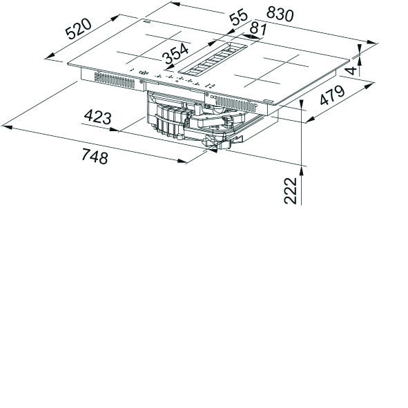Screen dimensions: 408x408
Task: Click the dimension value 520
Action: click(79, 28)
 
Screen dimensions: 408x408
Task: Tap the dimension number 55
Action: click(238, 17)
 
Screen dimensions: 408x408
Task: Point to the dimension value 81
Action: click(258, 30)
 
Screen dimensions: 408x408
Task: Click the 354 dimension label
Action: click(175, 53)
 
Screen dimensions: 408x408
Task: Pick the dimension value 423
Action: click(97, 117)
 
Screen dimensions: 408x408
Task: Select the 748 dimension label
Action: click(95, 156)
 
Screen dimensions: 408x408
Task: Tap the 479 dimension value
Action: click(332, 95)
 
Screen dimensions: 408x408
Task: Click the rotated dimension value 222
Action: click(291, 191)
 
